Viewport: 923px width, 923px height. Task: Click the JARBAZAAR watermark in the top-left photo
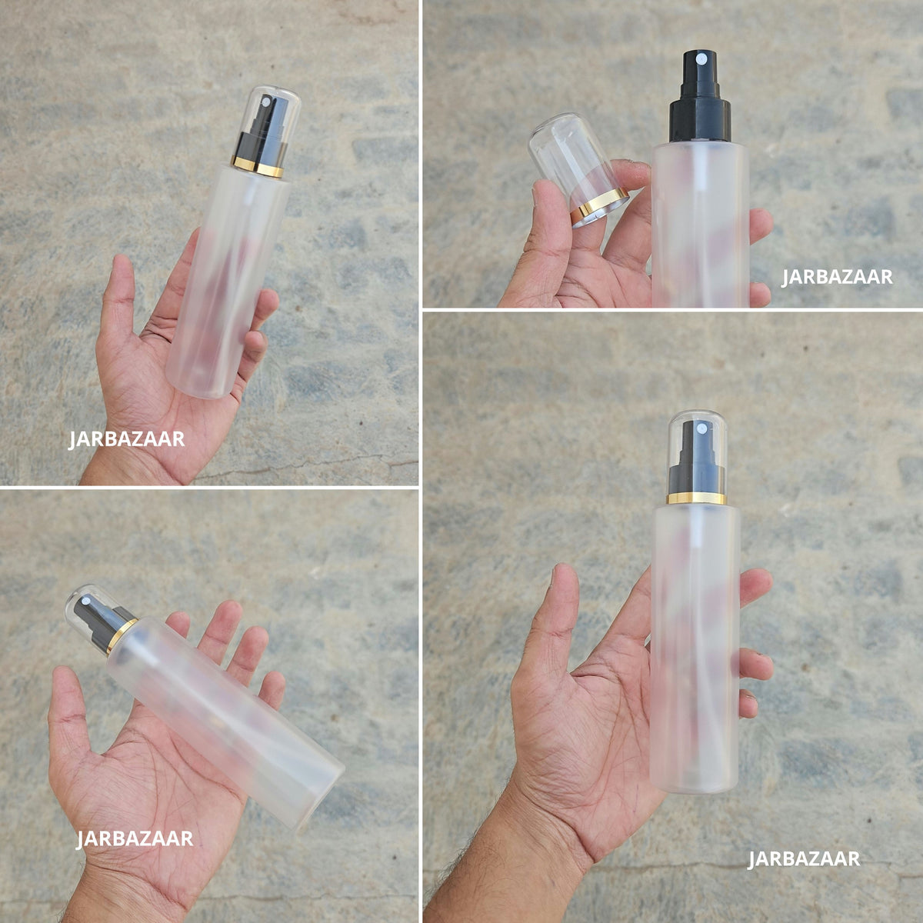(126, 439)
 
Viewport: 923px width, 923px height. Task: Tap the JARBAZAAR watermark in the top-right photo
(838, 278)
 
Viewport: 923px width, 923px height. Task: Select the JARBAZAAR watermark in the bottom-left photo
(135, 838)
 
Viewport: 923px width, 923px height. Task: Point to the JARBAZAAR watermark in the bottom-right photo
(805, 859)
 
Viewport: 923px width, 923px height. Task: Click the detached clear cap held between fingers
(577, 168)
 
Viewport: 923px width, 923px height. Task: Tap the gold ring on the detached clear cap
(599, 207)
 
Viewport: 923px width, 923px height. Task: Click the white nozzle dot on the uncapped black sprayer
(700, 60)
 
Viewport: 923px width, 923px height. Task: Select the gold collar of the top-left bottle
(258, 167)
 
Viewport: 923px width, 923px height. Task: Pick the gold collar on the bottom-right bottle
(696, 498)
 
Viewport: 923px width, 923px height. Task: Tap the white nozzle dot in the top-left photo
(266, 102)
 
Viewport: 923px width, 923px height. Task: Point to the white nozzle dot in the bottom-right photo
(702, 428)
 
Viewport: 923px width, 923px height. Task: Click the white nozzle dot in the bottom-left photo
(86, 601)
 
